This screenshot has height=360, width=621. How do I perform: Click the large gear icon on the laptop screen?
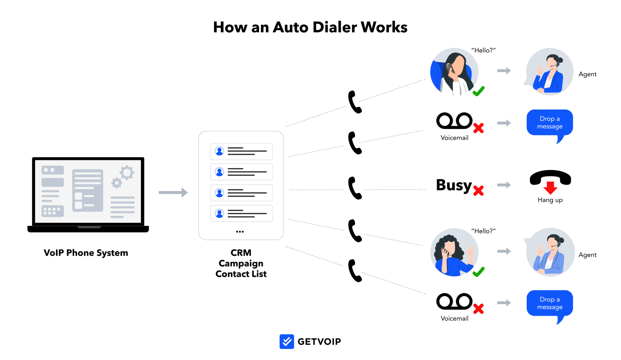pos(127,173)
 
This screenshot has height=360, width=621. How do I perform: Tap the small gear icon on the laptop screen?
pos(116,183)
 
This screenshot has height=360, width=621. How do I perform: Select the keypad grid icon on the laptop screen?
pos(52,211)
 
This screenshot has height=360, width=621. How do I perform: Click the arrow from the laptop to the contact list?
pos(173,192)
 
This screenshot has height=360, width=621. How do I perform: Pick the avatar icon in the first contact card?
pos(219,151)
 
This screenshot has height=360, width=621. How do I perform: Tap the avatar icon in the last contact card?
pos(219,213)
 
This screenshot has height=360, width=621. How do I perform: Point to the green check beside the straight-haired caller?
pos(478,91)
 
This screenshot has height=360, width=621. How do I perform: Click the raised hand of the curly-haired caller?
pos(470,251)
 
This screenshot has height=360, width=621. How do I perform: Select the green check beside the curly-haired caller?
pos(478,272)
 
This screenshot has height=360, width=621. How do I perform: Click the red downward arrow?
pos(550,188)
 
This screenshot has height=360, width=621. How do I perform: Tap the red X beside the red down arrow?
pos(478,191)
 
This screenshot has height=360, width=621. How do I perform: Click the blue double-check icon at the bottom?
pos(287,342)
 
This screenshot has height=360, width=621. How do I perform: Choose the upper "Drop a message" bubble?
pos(550,123)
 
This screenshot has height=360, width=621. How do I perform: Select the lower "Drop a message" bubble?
pos(550,303)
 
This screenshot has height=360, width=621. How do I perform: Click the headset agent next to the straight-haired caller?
pos(550,72)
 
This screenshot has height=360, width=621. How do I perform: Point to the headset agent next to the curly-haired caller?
pos(550,252)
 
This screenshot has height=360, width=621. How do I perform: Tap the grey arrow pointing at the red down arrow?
pos(504,185)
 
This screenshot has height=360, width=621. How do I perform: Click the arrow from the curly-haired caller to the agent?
pos(504,251)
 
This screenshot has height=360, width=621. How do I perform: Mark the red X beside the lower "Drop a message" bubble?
pos(478,309)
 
